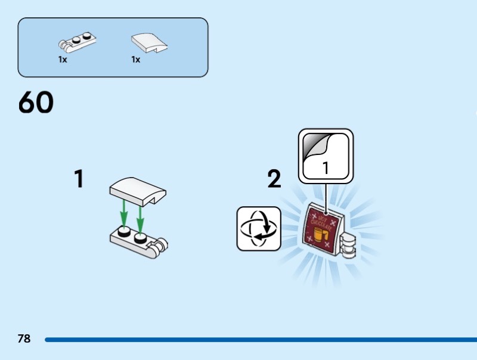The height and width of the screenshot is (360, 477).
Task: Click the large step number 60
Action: point(36,103)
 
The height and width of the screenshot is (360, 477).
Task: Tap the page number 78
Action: point(24,339)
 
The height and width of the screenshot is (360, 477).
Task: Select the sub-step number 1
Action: point(78,179)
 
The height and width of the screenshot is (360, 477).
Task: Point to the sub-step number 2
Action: point(274,179)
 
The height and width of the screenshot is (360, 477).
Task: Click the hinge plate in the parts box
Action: point(78,42)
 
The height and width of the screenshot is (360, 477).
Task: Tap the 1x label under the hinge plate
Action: point(63,60)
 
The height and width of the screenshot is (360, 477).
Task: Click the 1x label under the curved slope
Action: point(136,60)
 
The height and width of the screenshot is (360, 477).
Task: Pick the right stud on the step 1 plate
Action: point(141,238)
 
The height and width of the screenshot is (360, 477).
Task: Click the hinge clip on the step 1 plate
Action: point(162,244)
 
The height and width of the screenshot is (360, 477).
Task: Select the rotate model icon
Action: point(259,228)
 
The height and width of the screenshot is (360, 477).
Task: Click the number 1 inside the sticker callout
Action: point(326,169)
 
